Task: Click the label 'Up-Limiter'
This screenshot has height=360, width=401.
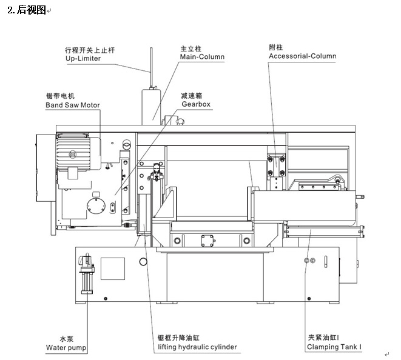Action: tap(83, 59)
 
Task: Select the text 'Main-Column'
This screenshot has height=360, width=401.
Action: tap(202, 57)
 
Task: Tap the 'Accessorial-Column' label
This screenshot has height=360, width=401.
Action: tap(302, 56)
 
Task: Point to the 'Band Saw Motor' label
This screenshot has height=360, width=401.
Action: tap(73, 105)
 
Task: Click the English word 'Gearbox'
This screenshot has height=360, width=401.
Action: tap(196, 104)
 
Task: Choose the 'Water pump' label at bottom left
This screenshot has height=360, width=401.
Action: tap(66, 348)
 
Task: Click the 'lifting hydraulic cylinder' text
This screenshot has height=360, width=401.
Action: tap(197, 347)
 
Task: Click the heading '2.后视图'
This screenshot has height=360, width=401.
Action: tap(27, 10)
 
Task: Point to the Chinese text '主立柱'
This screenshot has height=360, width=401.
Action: tap(190, 48)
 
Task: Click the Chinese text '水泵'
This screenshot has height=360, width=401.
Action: tap(66, 339)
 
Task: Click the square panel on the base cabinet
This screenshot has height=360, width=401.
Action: tap(112, 268)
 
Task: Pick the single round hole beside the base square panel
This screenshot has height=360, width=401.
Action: tap(143, 262)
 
